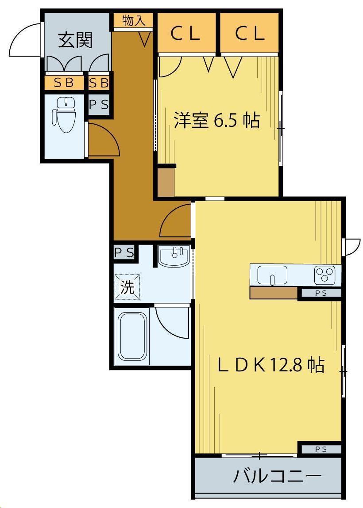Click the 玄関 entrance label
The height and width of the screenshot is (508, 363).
tap(75, 40)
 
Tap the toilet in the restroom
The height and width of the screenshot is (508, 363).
tap(64, 115)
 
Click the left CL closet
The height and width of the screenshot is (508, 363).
tap(186, 33)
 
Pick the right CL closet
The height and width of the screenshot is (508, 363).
tap(250, 33)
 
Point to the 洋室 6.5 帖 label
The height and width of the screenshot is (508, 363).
tap(216, 120)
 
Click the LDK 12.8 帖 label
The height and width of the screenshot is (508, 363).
tap(271, 365)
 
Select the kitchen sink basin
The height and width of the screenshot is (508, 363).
tap(272, 275)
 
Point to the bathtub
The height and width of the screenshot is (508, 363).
tap(131, 336)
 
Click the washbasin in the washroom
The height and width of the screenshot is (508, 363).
tap(174, 256)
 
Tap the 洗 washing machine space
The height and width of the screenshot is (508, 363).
tap(127, 287)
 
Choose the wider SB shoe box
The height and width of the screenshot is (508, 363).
tap(64, 83)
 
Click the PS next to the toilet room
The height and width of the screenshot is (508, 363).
tap(99, 105)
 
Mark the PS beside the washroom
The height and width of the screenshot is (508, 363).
tap(124, 252)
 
